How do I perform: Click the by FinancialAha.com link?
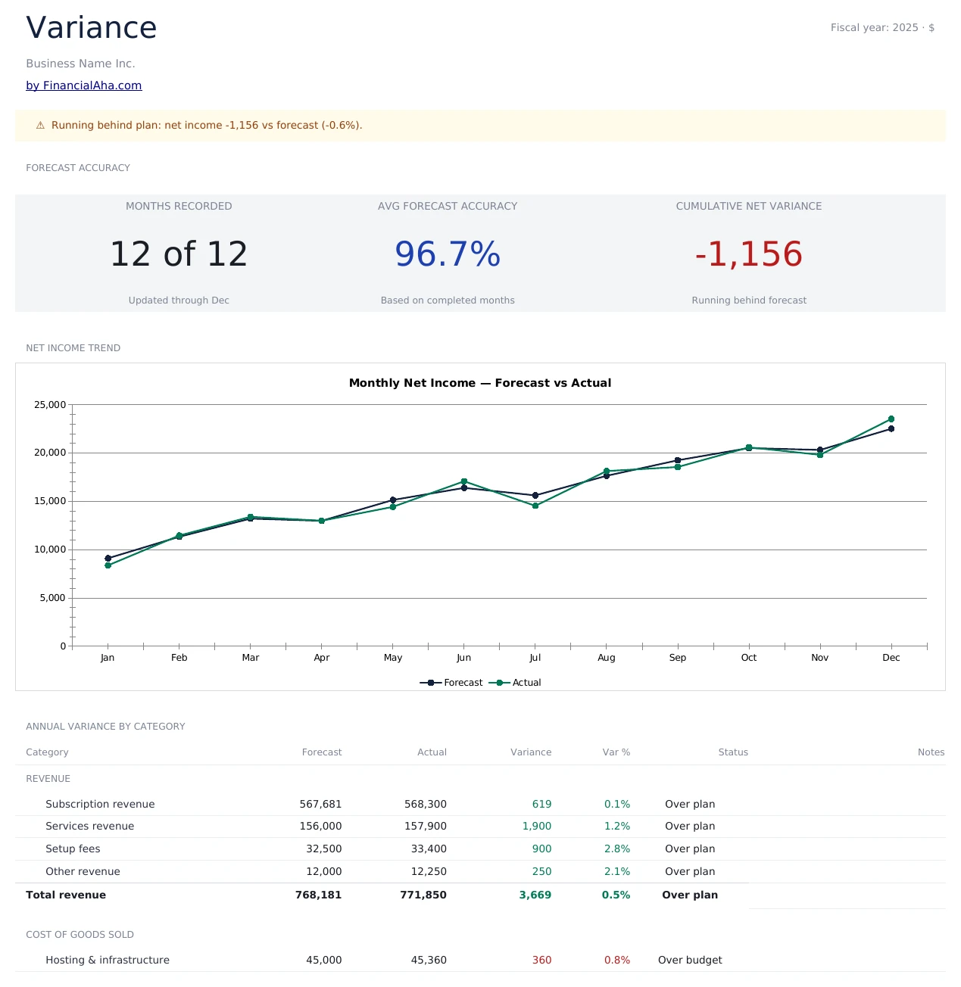click(x=83, y=86)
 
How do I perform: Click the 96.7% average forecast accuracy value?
click(x=448, y=254)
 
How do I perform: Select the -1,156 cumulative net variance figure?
click(x=748, y=254)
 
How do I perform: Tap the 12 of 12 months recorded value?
click(x=179, y=254)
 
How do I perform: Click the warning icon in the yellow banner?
click(x=40, y=126)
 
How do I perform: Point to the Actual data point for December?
click(x=891, y=419)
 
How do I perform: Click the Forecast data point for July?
click(x=535, y=496)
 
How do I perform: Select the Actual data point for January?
click(x=108, y=565)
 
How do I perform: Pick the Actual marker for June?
click(x=464, y=481)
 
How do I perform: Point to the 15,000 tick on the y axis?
click(x=50, y=501)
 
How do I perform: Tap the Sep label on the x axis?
click(x=677, y=658)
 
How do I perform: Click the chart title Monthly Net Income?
click(x=479, y=383)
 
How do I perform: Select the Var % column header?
click(x=616, y=752)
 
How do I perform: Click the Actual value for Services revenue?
click(x=425, y=827)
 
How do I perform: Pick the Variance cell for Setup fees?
click(x=541, y=849)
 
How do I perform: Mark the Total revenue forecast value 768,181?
click(x=318, y=895)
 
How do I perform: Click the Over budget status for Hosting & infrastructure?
click(x=689, y=960)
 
